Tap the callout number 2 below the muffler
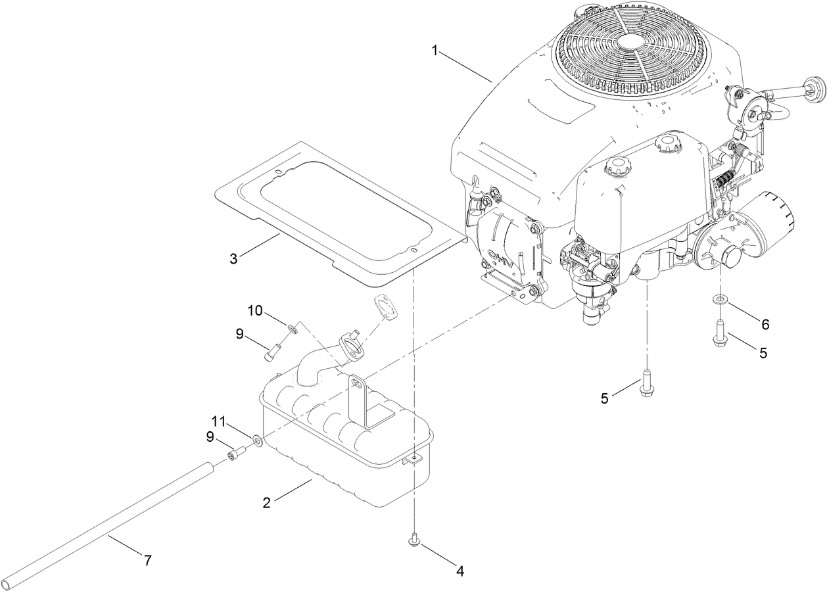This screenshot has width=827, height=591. [266, 503]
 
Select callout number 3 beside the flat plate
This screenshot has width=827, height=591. [233, 258]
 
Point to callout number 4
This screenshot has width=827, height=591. [460, 571]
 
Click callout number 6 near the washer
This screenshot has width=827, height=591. [765, 324]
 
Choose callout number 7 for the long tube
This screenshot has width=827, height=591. [148, 561]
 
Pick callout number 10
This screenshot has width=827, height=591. [255, 310]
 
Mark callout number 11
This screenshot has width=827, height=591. [218, 420]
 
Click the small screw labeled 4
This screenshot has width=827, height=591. [415, 540]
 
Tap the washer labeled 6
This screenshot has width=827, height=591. [721, 300]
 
